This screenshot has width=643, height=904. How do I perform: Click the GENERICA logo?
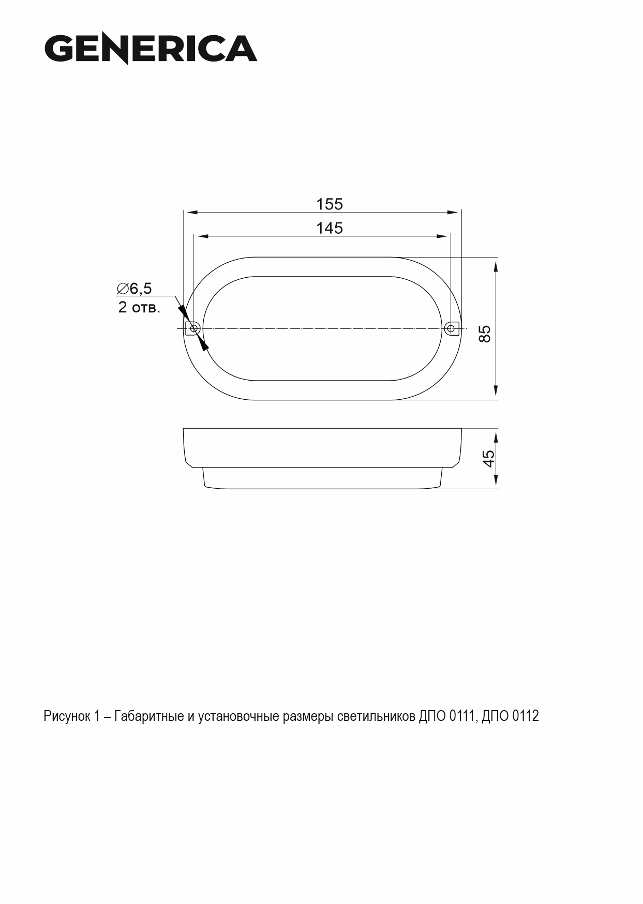(151, 49)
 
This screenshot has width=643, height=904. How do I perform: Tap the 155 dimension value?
(330, 204)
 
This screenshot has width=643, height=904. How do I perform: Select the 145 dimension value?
(330, 228)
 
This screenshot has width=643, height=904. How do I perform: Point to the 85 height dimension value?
(485, 334)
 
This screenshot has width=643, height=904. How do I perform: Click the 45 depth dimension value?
(488, 459)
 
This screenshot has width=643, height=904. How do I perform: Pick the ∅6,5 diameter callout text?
(134, 289)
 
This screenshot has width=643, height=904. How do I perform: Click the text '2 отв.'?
(139, 307)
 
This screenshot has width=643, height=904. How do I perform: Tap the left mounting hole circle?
(194, 328)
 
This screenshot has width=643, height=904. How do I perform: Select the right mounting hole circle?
(451, 328)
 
